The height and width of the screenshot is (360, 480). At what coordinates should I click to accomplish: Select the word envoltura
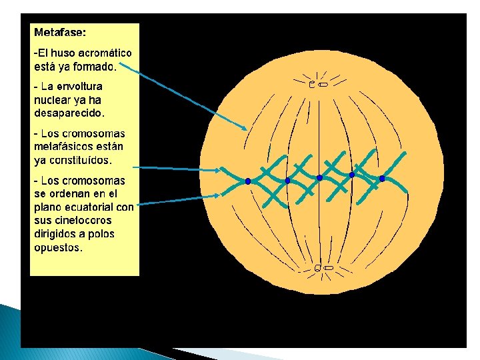click(x=80, y=87)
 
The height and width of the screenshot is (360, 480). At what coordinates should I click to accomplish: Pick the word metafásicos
click(x=64, y=147)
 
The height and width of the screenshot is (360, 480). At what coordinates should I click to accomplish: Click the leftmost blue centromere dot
click(x=247, y=181)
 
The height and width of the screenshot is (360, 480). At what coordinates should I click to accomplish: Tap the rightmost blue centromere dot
click(x=382, y=179)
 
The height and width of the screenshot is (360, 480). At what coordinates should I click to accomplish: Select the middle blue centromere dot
click(x=319, y=178)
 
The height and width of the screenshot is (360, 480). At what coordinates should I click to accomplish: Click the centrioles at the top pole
click(x=318, y=85)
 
